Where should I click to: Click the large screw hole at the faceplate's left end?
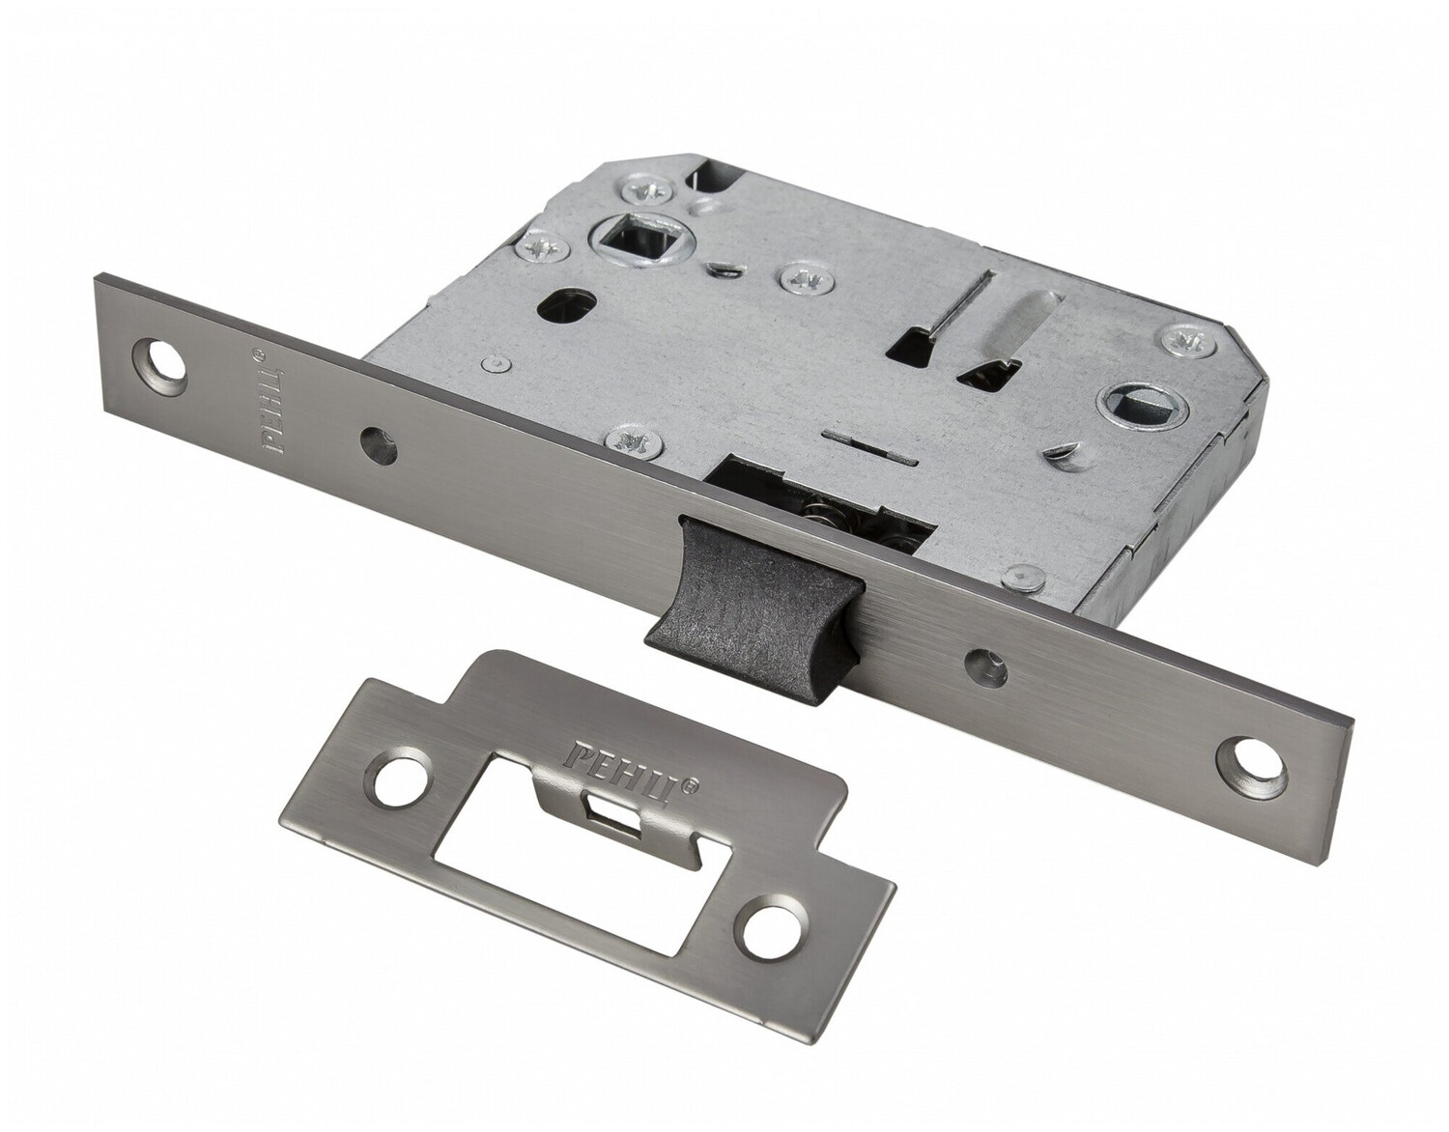click(x=160, y=359)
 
